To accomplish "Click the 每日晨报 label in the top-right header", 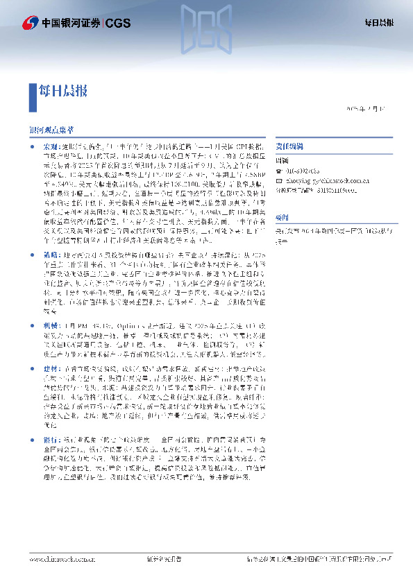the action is coord(379,23).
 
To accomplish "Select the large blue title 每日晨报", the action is coord(65,90).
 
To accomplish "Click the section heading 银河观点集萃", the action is coord(51,130).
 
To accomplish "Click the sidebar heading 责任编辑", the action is coord(290,148).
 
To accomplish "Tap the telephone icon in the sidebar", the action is coord(279,170).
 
